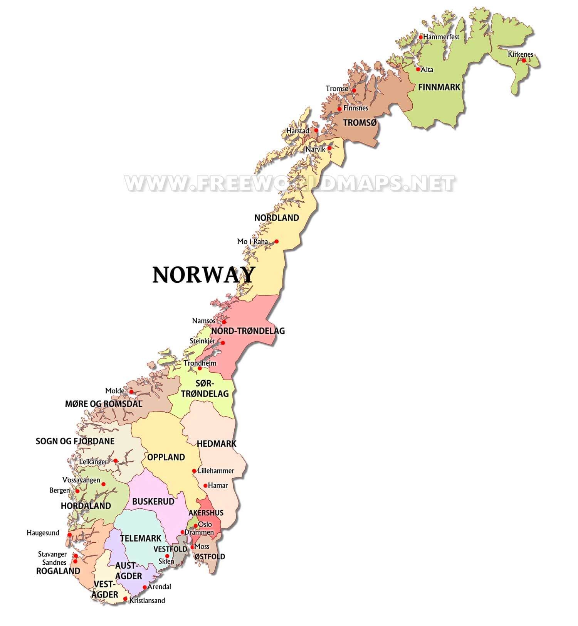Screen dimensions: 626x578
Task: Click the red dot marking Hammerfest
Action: [x=421, y=37]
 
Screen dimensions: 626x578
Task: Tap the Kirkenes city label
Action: [x=520, y=54]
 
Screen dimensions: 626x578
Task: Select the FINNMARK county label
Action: [x=439, y=87]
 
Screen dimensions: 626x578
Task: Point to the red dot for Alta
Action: [x=418, y=69]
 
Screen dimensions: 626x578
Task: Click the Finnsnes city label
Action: [x=356, y=108]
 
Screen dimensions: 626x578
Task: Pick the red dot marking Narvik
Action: [x=329, y=148]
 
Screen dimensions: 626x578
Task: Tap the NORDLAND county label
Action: [x=276, y=218]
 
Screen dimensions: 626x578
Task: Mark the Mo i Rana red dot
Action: [x=276, y=242]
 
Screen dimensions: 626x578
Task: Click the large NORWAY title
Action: [x=203, y=275]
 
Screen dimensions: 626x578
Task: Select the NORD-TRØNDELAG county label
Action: [x=248, y=331]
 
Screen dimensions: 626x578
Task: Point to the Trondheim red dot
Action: [x=200, y=368]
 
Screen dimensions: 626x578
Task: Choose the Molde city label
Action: [x=115, y=391]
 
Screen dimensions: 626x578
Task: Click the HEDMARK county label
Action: [x=217, y=444]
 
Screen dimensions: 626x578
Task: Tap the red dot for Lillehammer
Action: [x=194, y=471]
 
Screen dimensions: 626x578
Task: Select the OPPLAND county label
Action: [x=166, y=457]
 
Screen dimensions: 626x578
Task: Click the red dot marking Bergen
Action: [x=77, y=491]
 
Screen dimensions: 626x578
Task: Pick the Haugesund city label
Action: [x=43, y=533]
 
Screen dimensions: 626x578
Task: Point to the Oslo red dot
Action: [x=196, y=526]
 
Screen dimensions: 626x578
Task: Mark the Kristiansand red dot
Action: [x=125, y=599]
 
